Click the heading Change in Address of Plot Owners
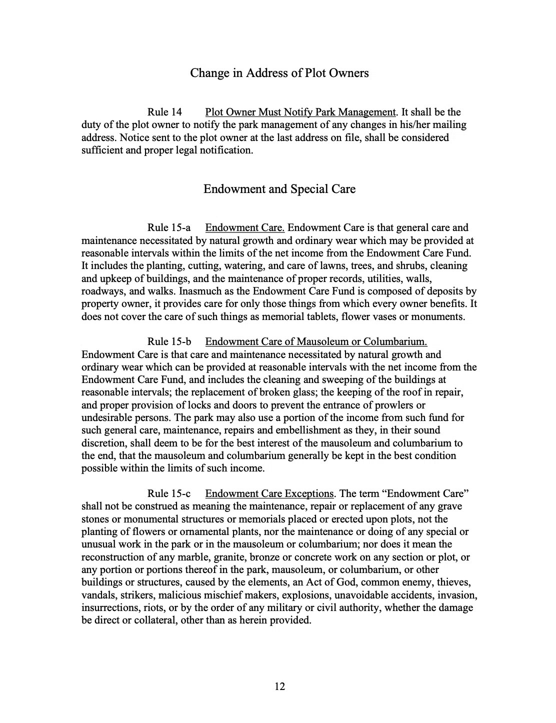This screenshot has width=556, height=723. (279, 73)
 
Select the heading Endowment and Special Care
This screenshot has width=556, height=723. (279, 189)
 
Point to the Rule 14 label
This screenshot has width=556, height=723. (164, 112)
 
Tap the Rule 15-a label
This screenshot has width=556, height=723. (169, 228)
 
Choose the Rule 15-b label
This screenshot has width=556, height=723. (169, 342)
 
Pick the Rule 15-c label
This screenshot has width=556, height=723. (169, 494)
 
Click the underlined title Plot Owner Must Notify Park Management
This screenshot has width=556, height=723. (300, 112)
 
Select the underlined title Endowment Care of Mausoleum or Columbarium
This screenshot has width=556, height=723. (316, 342)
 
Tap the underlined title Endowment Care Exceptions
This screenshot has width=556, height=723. (269, 494)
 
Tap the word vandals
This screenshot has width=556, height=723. (97, 595)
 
